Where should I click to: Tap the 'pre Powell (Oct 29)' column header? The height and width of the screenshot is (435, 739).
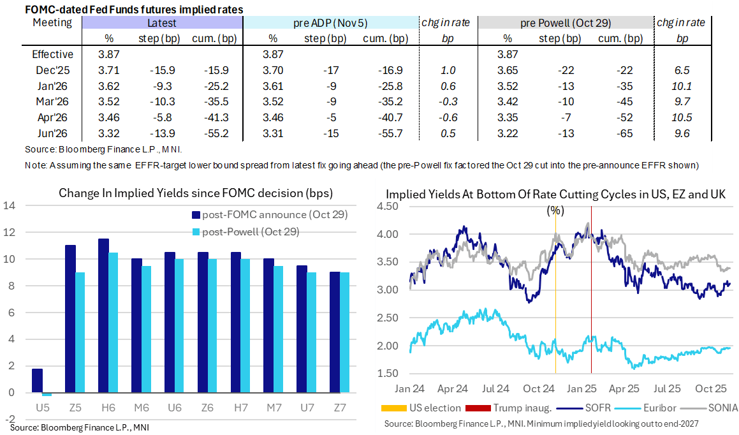tap(566, 23)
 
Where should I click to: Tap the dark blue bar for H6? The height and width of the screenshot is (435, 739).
tap(103, 315)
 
